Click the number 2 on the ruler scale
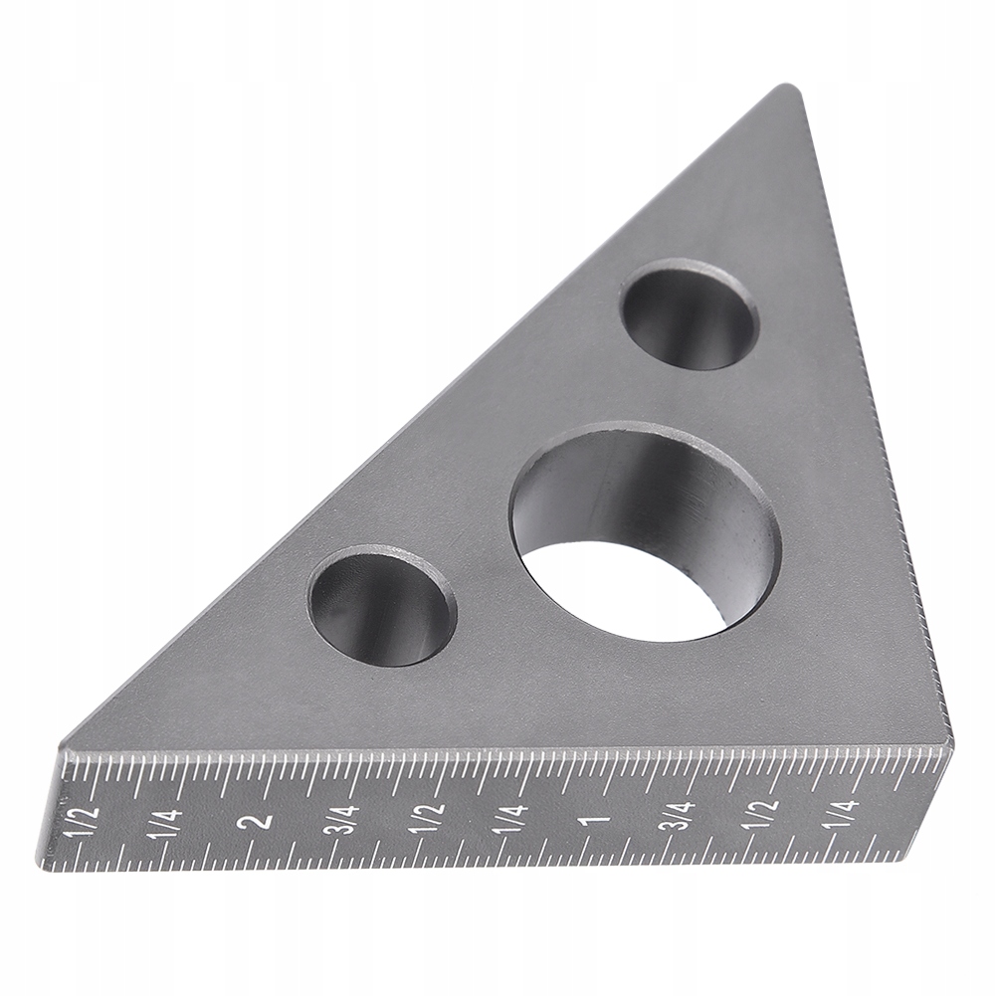pyautogui.click(x=259, y=821)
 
